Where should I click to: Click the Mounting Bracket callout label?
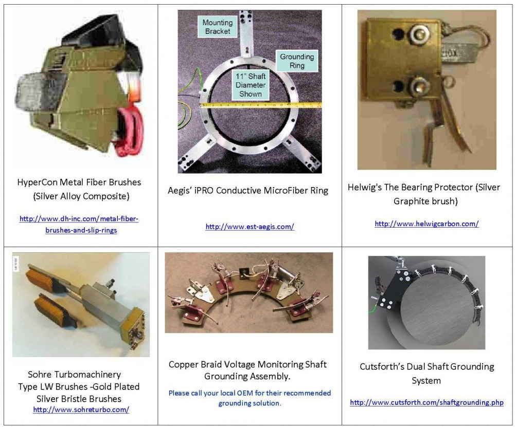point(217,27)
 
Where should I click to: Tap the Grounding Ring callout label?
point(297,61)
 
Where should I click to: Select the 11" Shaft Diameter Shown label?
point(250,85)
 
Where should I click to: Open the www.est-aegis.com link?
point(250,227)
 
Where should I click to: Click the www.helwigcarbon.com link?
point(427,224)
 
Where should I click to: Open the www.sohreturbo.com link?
point(81,410)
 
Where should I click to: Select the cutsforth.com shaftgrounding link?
point(427,402)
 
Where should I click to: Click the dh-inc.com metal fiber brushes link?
point(79,225)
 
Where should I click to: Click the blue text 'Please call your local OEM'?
point(216,393)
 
